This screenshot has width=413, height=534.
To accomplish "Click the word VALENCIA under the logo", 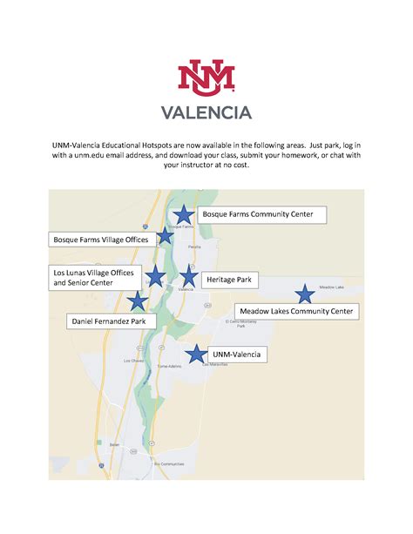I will click(206, 112).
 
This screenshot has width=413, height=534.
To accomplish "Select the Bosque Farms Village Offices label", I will click(101, 238).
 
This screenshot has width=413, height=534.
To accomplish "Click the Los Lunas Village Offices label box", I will click(94, 278).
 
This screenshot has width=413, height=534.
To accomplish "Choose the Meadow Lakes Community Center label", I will click(296, 310).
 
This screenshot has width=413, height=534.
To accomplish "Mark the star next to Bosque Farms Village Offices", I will click(165, 236).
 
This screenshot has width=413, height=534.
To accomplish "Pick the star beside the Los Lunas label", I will click(155, 277).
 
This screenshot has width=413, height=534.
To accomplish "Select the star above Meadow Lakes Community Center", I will click(304, 294).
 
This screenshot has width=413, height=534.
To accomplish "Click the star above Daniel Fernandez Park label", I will click(137, 301).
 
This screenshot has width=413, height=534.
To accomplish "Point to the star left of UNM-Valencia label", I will click(197, 354).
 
